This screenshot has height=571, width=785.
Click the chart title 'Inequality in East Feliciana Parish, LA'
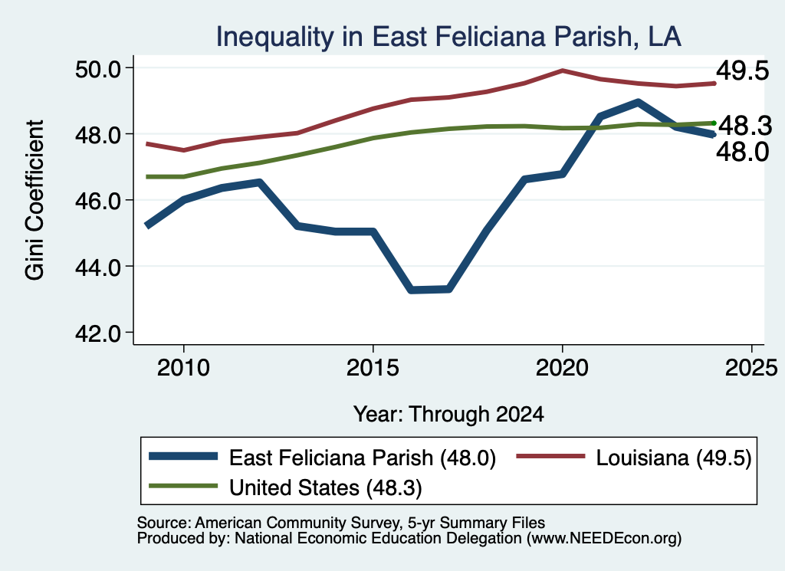[x=448, y=37]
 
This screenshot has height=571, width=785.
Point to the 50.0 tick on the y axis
[x=98, y=69]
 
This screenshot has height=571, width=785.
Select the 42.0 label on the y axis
[x=98, y=333]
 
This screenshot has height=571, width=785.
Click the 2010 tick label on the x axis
[x=183, y=368]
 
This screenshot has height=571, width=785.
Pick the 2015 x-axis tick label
[x=373, y=368]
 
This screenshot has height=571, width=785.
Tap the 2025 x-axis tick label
[x=751, y=368]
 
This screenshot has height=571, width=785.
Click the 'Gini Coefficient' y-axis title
[x=34, y=200]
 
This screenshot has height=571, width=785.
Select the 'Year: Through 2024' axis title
[x=448, y=415]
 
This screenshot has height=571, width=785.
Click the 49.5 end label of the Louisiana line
[x=742, y=71]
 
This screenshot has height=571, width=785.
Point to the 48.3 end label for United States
[x=745, y=125]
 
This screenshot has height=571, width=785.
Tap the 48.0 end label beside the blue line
[x=742, y=152]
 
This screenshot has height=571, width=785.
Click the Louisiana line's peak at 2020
[x=562, y=71]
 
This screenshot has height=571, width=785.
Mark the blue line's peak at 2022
[x=638, y=103]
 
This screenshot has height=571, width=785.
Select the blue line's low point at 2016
[x=412, y=290]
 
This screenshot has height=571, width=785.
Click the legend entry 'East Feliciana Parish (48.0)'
[x=323, y=458]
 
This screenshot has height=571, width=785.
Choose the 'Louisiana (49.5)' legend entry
[x=634, y=458]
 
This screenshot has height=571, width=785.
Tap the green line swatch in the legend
[x=183, y=486]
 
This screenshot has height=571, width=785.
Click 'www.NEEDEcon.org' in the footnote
[x=604, y=539]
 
